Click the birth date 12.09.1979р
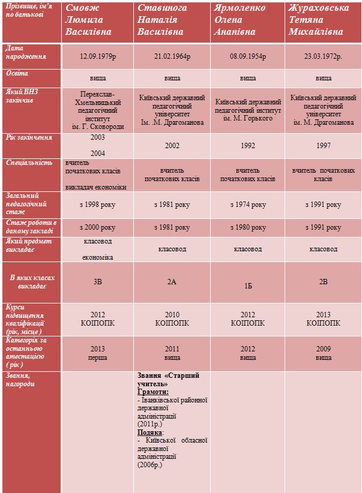click(x=98, y=56)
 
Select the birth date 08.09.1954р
click(x=248, y=56)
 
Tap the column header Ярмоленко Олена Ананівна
click(x=240, y=20)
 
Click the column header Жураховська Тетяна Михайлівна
click(x=319, y=20)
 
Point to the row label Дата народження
click(x=26, y=52)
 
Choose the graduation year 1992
click(x=248, y=146)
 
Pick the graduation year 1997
click(x=324, y=146)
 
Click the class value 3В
click(x=98, y=282)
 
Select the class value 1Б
click(x=248, y=286)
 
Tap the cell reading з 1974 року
click(x=248, y=205)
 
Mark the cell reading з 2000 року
click(x=98, y=227)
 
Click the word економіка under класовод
click(x=98, y=257)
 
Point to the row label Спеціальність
click(x=29, y=163)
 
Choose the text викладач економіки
click(x=95, y=187)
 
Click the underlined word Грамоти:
click(x=153, y=392)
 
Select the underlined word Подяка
click(x=150, y=432)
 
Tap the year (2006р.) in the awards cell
click(x=150, y=465)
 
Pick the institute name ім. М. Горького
click(x=248, y=119)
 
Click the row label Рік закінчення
click(x=29, y=137)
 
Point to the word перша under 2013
click(x=98, y=357)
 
